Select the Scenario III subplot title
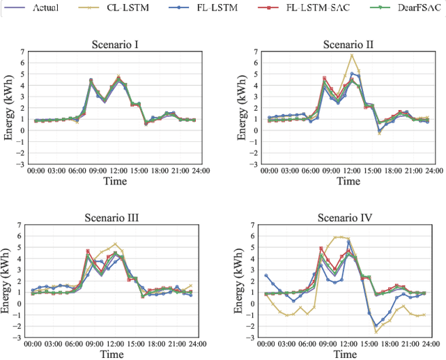coord(116,217)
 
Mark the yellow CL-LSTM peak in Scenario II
coord(352,55)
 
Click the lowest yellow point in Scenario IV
coord(376,331)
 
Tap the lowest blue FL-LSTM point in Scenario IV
coord(376,325)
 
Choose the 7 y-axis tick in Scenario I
coord(21,52)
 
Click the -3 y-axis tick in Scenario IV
coord(253,339)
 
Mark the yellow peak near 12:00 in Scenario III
coord(116,244)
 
